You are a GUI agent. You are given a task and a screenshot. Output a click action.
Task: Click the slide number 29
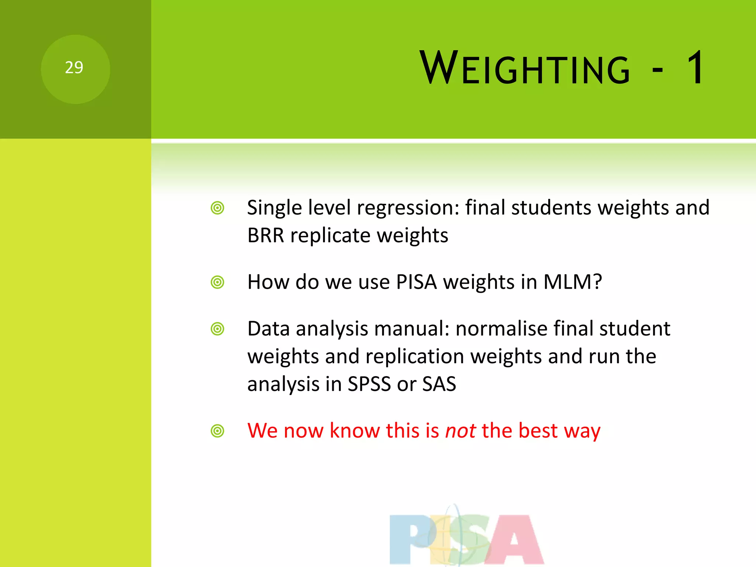coord(74,68)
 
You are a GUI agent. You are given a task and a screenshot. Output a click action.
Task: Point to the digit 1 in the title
coord(696,68)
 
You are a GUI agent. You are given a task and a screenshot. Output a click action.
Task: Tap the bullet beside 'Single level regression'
coord(217,208)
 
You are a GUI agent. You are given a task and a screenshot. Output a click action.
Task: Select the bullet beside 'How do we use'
coord(217,282)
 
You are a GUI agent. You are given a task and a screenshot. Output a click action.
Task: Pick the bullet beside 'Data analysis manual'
coord(217,329)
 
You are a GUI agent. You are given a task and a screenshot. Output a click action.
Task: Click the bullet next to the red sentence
coord(217,431)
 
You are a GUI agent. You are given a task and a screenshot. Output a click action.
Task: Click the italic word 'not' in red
coord(460,431)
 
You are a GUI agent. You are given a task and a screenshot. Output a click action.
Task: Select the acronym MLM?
coord(573,282)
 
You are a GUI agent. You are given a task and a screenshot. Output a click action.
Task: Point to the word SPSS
coord(369,384)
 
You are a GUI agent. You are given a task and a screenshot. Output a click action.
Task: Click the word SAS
coord(439,384)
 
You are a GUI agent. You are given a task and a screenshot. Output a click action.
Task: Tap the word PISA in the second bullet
coord(416,282)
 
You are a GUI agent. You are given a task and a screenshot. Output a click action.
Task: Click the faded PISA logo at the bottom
coord(467,537)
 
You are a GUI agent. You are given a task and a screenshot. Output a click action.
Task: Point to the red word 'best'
coord(538,431)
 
